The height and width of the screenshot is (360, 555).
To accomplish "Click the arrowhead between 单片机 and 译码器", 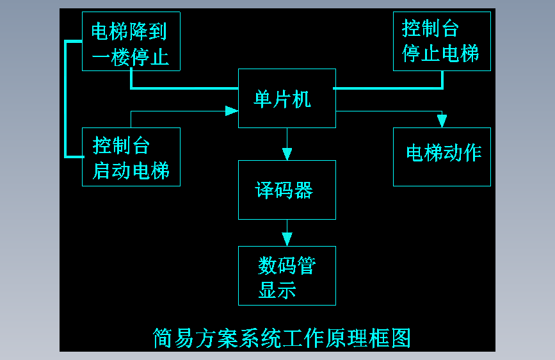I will coord(287,154).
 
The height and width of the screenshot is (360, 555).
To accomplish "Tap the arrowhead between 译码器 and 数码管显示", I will coord(287,239).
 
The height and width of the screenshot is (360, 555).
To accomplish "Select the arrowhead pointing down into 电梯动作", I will coord(441,121).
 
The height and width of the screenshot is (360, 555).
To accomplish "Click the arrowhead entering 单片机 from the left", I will coord(232,111).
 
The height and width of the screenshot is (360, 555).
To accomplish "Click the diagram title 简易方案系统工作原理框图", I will coord(281,338).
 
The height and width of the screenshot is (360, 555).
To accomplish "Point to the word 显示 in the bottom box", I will coord(277,290).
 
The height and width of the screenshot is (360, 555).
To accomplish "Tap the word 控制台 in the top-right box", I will coord(430,29).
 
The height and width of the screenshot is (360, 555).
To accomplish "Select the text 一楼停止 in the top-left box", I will coord(131,57).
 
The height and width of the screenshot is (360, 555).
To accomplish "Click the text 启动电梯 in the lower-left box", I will coord(131,171).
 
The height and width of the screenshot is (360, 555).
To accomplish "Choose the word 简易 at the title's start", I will coord(172,338).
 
